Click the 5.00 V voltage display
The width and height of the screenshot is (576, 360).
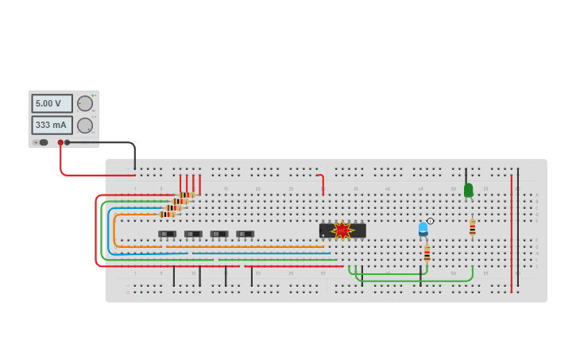[52, 103]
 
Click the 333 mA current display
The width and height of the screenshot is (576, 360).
[52, 125]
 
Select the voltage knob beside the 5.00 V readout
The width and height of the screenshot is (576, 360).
[85, 103]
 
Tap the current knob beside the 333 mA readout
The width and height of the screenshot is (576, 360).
[85, 125]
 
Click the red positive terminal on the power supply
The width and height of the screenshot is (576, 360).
[60, 142]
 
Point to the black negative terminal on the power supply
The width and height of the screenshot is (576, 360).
[68, 142]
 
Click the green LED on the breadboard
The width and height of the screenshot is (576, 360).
[468, 190]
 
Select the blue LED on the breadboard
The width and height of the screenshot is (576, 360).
[423, 229]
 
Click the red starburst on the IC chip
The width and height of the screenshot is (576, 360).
[342, 230]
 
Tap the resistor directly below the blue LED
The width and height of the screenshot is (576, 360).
[427, 254]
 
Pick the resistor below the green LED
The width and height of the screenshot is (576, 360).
[472, 228]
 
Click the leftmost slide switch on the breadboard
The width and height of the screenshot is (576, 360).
[167, 234]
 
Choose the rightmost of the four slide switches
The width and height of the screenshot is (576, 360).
[245, 234]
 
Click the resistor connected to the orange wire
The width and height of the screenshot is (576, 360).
[167, 214]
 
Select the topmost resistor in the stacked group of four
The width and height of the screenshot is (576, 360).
[187, 195]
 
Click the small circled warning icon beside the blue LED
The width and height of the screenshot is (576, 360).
[431, 221]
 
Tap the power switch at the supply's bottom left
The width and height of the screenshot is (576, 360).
[43, 142]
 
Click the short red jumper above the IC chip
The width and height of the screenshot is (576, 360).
[322, 183]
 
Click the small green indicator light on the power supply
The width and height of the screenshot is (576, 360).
[93, 95]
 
